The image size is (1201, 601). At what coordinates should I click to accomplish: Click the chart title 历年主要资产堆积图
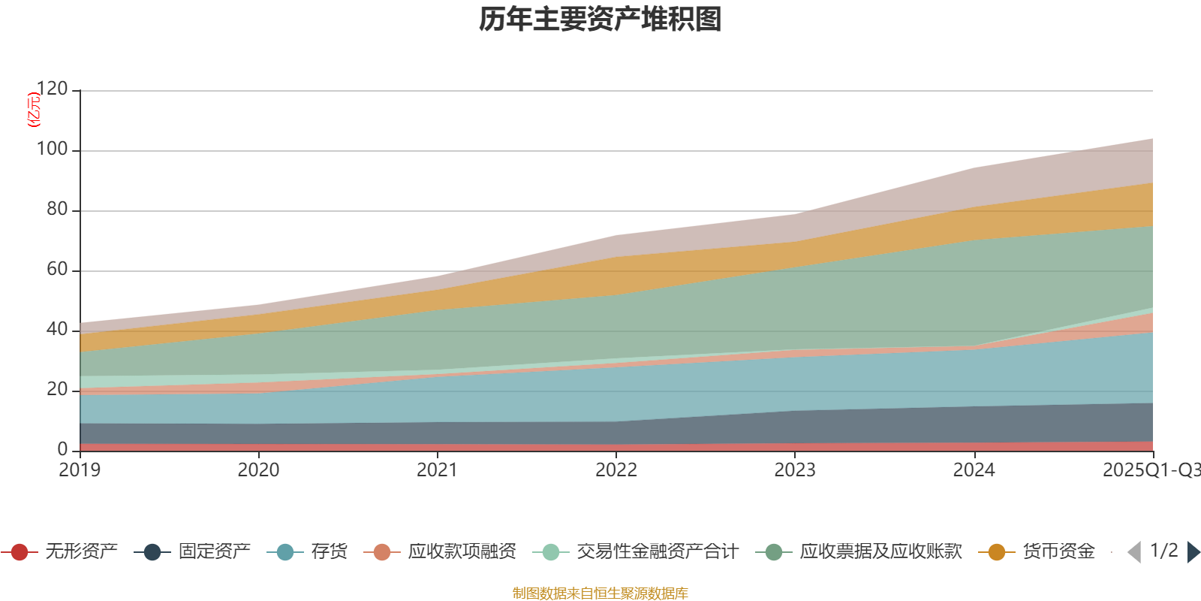click(x=600, y=20)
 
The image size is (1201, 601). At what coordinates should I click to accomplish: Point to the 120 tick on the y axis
click(x=52, y=89)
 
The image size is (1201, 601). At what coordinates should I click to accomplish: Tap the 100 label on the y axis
click(x=52, y=149)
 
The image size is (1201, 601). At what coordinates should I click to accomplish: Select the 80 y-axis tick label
click(x=56, y=210)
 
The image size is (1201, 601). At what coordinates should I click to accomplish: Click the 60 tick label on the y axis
click(x=56, y=270)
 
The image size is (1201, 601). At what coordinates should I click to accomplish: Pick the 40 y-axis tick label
click(x=56, y=330)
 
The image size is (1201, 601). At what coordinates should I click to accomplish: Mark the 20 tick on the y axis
click(x=56, y=390)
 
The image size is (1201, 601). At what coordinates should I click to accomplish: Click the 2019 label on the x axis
click(x=80, y=470)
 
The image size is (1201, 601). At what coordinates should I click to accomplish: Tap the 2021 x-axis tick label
click(x=437, y=470)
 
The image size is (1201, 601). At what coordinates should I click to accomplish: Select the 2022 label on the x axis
click(x=616, y=470)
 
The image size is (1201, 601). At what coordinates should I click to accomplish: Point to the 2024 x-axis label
click(x=974, y=470)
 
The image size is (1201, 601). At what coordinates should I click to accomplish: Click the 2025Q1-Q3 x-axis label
click(x=1151, y=470)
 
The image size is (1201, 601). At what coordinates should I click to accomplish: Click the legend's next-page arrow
click(x=1193, y=552)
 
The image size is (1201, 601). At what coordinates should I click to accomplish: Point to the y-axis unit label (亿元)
click(x=34, y=110)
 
